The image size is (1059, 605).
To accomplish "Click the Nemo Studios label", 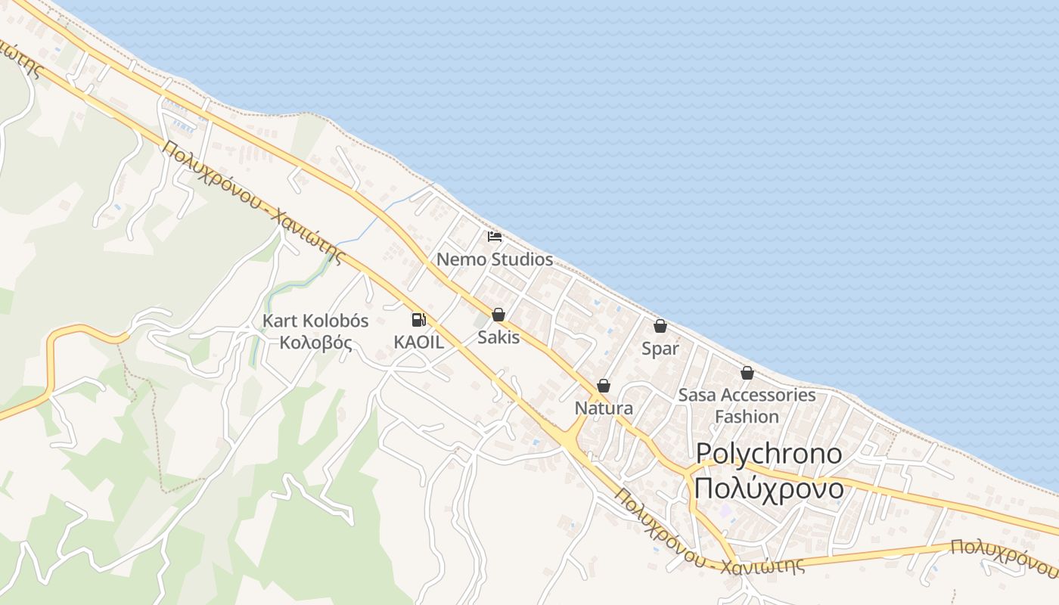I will click(x=495, y=259).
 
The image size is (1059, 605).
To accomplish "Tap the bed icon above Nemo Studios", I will click(x=495, y=237).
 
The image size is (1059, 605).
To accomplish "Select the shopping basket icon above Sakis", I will click(x=498, y=315).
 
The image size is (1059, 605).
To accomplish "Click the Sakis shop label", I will click(x=498, y=337).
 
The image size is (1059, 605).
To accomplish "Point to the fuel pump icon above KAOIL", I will click(x=418, y=320).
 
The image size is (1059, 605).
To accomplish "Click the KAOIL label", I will click(x=418, y=342).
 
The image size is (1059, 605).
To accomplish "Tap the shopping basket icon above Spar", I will click(x=660, y=326).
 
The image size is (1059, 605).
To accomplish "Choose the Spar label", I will click(x=660, y=349).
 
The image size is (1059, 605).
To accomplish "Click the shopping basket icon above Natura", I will click(x=604, y=386).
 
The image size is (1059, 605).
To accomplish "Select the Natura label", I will click(x=604, y=408).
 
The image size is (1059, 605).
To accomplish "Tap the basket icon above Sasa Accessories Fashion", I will click(x=747, y=373).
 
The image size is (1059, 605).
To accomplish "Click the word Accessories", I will click(x=767, y=395).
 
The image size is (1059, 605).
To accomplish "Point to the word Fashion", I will click(x=747, y=417).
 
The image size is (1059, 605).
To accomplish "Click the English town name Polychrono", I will click(x=769, y=453).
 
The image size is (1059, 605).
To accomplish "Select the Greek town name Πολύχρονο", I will click(x=769, y=489).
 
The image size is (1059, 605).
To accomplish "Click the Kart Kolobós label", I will click(x=315, y=321).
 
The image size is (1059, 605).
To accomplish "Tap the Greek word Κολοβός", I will click(x=315, y=343).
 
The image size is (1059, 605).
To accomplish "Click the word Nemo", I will click(x=461, y=259).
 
